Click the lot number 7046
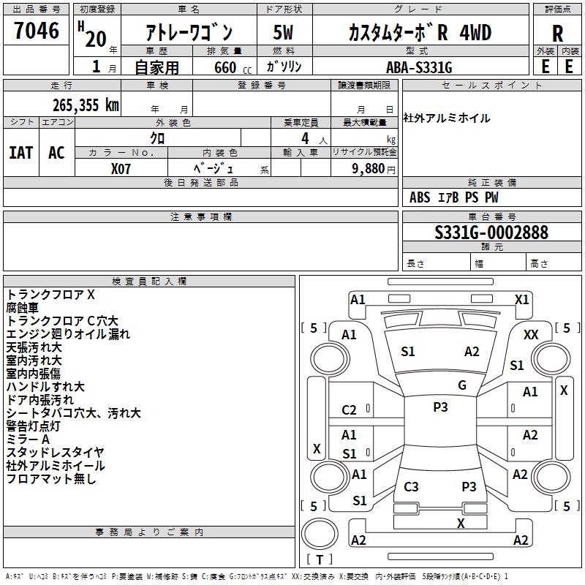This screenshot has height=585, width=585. pos(37,31)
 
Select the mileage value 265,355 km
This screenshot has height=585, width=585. pos(86,105)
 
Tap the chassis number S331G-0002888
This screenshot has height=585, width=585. pos(491,233)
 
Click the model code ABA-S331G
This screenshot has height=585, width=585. pos(419,67)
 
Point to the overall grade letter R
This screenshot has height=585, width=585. pos(557,34)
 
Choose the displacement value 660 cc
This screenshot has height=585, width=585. pos(233,67)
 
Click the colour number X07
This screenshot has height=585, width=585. pos(121,169)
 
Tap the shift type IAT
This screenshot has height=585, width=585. pos(20,153)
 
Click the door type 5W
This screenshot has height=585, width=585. pos(283,32)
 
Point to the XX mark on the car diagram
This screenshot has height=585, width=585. pos(531,335)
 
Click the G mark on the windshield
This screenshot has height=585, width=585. pos(462,385)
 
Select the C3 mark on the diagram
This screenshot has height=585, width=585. pos(411,486)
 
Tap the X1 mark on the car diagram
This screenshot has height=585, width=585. pos(521,300)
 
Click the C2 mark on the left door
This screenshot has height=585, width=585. pos(349,410)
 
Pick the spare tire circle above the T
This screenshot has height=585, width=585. pos(320,534)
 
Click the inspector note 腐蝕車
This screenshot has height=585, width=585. pos(23,308)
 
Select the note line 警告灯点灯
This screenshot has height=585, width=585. pos(33,426)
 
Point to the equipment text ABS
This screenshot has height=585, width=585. pos(420,197)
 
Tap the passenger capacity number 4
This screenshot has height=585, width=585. pos(305,138)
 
